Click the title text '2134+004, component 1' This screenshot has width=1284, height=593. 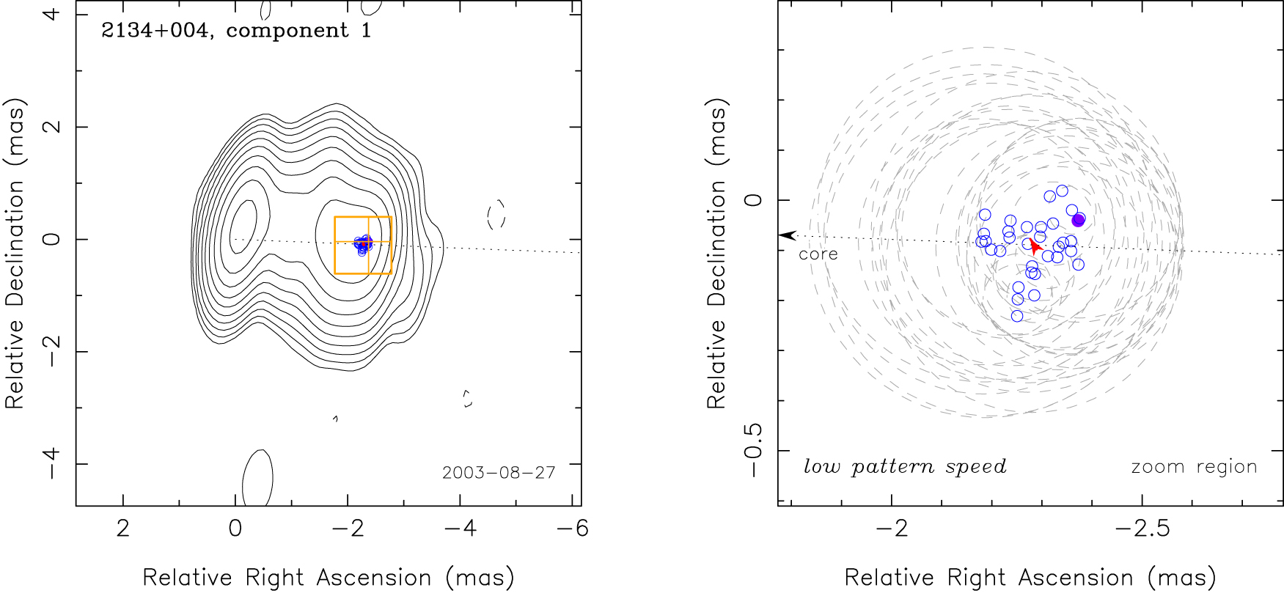236,31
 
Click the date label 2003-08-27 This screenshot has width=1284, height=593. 499,473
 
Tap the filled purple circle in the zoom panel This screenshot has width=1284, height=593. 1078,220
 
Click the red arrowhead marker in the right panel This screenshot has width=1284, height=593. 1035,246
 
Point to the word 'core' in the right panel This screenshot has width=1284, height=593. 818,254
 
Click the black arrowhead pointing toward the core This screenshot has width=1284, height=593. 787,235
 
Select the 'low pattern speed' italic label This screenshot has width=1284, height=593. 905,467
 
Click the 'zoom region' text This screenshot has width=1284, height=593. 1194,467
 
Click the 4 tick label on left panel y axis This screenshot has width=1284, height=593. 51,14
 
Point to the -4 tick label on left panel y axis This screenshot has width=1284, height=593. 51,463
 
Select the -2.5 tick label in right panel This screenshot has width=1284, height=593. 1142,528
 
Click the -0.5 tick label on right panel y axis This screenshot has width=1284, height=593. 754,451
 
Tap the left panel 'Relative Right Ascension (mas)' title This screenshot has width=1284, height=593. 328,578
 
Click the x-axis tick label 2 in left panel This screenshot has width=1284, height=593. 122,528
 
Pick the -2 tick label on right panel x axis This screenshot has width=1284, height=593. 892,528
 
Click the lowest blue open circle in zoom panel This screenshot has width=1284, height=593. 1017,316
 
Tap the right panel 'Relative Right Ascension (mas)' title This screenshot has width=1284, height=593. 1030,578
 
